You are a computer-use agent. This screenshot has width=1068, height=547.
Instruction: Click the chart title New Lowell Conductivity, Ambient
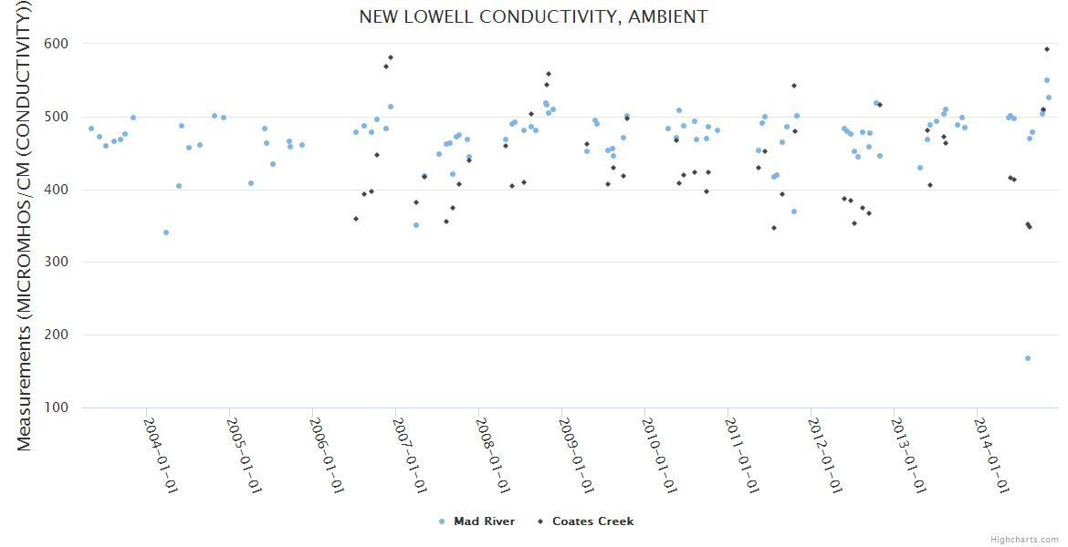tap(533, 16)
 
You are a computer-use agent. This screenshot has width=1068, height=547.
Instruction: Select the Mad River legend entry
tap(484, 521)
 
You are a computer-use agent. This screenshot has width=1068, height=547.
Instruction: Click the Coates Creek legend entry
tap(592, 521)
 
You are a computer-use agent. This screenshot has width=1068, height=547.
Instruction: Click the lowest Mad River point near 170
tap(1028, 358)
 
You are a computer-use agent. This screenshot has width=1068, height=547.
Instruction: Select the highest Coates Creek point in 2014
tap(1047, 49)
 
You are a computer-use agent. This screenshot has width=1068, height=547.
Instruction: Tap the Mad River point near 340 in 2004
tap(166, 232)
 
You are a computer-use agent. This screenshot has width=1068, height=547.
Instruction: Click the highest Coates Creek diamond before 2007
tap(391, 57)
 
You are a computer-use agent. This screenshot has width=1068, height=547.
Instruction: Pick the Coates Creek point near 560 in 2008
tap(549, 74)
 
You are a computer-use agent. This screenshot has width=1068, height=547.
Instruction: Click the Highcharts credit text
tap(1024, 540)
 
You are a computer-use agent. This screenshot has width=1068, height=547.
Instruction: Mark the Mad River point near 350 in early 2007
tap(416, 225)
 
